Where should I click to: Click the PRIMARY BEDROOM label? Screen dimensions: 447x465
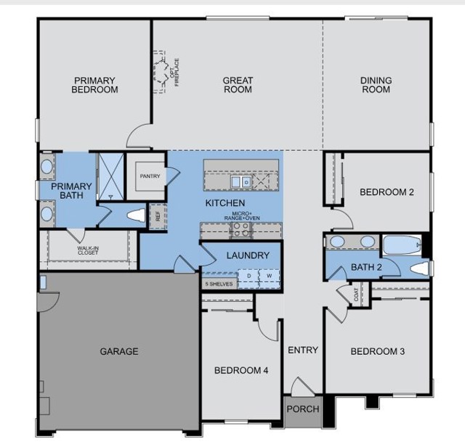pyautogui.click(x=94, y=85)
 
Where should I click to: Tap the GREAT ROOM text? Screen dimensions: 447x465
pyautogui.click(x=238, y=85)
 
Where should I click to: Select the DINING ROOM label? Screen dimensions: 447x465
pyautogui.click(x=376, y=85)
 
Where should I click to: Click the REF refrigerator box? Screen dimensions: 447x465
pyautogui.click(x=156, y=216)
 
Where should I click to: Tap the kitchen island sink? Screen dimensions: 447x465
pyautogui.click(x=240, y=181)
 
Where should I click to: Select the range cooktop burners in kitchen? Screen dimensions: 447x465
pyautogui.click(x=240, y=230)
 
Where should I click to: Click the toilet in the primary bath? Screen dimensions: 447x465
pyautogui.click(x=136, y=216)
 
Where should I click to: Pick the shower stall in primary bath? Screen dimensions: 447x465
pyautogui.click(x=110, y=175)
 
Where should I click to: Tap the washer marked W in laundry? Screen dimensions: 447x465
pyautogui.click(x=268, y=276)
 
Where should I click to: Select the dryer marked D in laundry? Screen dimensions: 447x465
pyautogui.click(x=249, y=276)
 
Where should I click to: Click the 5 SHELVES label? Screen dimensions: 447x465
pyautogui.click(x=219, y=284)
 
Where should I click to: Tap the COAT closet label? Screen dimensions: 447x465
pyautogui.click(x=356, y=295)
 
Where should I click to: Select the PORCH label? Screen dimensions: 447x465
pyautogui.click(x=302, y=409)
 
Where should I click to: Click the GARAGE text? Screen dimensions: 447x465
pyautogui.click(x=118, y=351)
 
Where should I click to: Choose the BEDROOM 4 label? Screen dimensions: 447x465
pyautogui.click(x=241, y=370)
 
